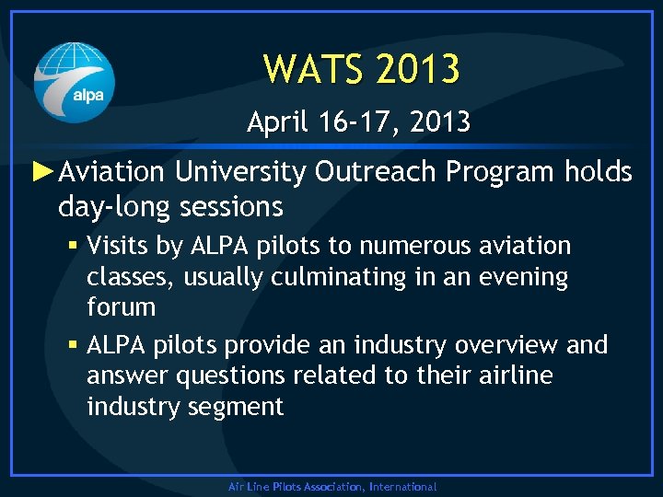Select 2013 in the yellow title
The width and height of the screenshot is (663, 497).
414,68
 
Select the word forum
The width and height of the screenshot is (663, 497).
122,306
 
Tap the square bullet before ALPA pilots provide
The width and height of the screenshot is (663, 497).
73,346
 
